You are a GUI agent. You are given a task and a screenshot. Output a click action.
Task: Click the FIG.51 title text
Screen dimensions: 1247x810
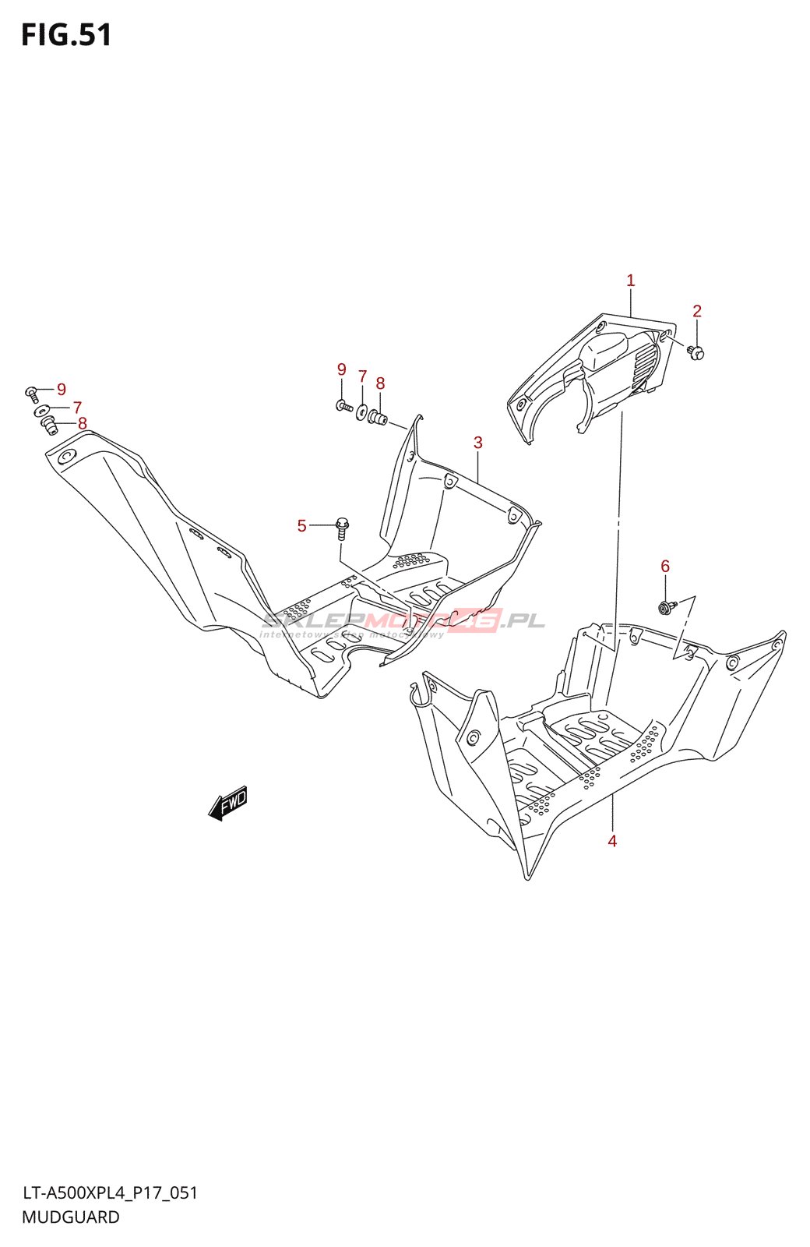66,35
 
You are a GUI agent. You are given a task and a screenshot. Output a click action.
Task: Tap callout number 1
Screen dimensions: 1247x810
630,281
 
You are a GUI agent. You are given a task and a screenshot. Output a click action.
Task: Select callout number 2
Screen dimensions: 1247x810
697,311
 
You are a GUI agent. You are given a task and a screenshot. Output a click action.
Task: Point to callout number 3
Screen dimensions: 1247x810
478,443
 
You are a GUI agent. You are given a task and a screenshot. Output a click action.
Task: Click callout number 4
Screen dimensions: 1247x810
612,841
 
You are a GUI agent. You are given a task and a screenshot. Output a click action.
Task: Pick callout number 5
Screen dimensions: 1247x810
301,526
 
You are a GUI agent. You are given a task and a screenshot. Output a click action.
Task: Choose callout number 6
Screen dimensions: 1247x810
665,566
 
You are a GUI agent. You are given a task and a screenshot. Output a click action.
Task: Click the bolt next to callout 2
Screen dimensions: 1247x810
696,352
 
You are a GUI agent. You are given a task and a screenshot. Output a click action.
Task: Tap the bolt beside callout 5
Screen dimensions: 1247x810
341,527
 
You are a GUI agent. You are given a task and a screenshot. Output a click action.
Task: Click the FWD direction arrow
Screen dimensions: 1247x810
227,803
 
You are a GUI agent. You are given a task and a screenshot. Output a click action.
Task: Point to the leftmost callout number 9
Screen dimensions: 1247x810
62,390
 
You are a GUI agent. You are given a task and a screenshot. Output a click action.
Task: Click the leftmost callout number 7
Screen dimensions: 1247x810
77,407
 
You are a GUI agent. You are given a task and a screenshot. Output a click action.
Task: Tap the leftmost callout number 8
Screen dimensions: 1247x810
82,424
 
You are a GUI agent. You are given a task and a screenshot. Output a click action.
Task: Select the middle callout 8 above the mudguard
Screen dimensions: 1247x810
380,383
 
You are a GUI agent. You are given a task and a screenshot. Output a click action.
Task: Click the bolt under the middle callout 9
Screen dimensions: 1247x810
343,406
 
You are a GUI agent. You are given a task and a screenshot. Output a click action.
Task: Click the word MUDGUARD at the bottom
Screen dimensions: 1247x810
71,1217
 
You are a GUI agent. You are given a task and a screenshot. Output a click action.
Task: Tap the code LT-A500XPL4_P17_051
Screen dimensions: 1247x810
110,1193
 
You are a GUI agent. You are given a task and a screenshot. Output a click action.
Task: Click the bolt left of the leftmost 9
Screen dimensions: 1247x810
33,393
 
